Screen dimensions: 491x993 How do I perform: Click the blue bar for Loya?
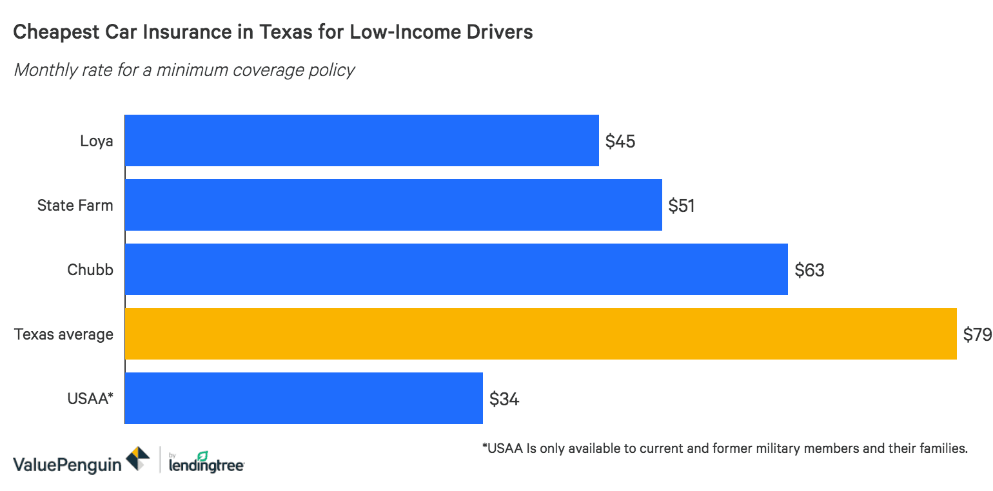coord(361,140)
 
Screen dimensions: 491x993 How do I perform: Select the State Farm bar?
coord(393,205)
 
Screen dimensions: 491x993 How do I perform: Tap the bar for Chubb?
coord(456,269)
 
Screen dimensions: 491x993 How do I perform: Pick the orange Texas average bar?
coord(540,334)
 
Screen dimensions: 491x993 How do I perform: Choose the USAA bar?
coord(303,398)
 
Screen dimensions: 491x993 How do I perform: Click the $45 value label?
coord(620,142)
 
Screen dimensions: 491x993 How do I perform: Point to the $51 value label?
coord(682,206)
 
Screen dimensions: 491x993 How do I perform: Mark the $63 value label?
coord(809,271)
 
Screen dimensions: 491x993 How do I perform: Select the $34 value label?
coord(504,400)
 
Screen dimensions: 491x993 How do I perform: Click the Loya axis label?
coord(97,141)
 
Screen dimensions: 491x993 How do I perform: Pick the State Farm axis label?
coord(75,206)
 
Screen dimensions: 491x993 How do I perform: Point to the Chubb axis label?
coord(90,270)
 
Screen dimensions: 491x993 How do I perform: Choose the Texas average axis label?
coord(64,334)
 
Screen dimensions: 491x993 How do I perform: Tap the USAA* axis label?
coord(90,399)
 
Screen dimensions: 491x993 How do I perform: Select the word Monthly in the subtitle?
coord(44,70)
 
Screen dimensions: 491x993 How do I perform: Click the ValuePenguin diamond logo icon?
coord(138,458)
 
